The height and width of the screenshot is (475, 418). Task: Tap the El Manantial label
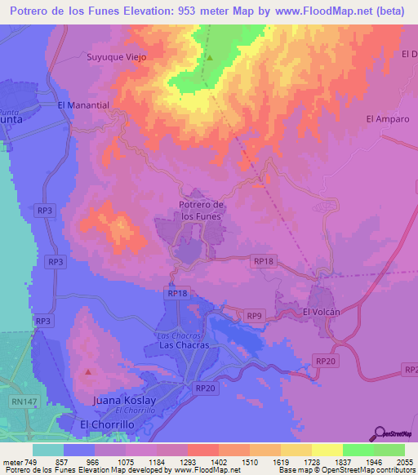pos(83,105)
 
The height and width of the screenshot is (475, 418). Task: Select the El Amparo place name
pos(385,119)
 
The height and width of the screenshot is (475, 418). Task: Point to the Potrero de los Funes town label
pos(200,210)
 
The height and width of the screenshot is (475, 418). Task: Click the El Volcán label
pos(321,312)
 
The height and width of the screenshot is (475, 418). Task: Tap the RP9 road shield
pos(255,315)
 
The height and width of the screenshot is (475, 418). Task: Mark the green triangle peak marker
pos(209,58)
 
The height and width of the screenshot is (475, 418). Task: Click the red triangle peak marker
pos(87,372)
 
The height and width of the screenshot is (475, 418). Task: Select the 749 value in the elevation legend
pos(31,462)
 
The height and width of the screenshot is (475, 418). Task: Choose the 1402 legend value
pos(220,462)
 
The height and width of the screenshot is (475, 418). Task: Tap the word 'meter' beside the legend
pos(11,462)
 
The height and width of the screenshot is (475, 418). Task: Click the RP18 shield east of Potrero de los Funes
pos(263,260)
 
